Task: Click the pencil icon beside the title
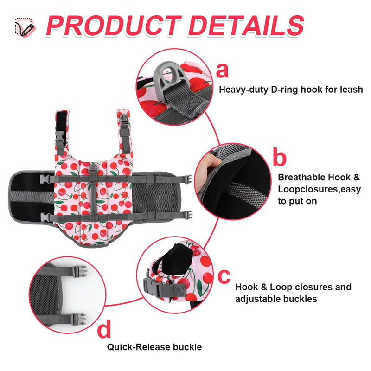25,27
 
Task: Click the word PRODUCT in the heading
114,26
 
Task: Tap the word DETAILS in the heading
246,26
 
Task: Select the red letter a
223,71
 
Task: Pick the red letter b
280,157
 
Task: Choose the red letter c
224,276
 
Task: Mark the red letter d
104,328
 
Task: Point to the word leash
352,90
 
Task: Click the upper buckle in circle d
79,271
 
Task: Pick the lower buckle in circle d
79,320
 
